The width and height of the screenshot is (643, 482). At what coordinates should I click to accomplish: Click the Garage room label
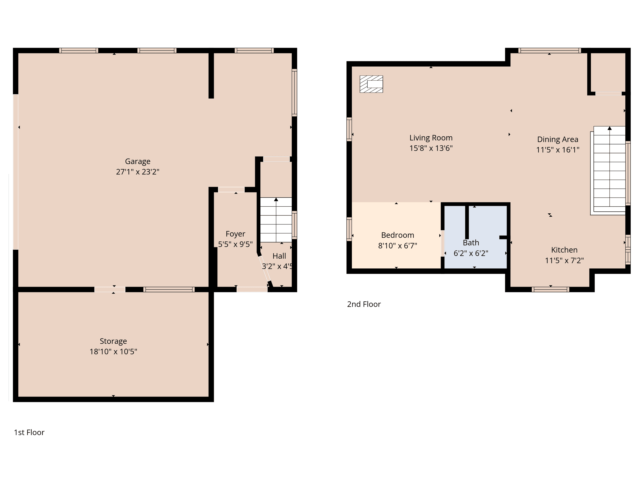138,162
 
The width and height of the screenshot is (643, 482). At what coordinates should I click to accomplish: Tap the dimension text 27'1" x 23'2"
138,172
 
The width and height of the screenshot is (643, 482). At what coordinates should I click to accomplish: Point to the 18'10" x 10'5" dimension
113,352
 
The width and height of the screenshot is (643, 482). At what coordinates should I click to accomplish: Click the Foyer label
236,234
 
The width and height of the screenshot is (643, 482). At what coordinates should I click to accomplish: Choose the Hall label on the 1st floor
279,256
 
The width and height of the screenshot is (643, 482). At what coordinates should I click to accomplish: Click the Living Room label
431,138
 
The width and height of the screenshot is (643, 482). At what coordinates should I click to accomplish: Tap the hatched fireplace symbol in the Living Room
371,84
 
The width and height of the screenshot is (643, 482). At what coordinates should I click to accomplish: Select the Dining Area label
557,139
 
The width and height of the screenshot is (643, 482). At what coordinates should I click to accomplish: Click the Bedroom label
397,235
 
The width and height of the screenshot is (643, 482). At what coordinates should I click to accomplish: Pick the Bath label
471,242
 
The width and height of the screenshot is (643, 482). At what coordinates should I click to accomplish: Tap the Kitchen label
564,250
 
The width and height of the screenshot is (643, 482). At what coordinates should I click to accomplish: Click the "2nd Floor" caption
364,304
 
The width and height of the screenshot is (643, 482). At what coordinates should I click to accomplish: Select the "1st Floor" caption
29,432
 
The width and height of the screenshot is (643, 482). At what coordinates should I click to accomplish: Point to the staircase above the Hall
276,220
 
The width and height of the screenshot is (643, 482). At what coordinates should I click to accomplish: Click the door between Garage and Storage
110,289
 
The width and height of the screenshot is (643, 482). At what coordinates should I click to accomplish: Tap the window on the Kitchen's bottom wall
550,289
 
